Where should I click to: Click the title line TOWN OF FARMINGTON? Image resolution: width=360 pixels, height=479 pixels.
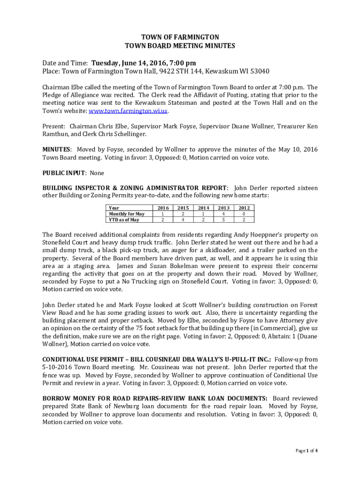180,37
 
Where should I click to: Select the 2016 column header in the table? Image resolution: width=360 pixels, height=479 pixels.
163,208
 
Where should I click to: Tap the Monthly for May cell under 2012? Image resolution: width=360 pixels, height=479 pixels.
244,214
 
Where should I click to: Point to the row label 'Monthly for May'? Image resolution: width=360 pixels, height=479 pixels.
126,214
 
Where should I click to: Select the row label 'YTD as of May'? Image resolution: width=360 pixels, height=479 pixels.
123,220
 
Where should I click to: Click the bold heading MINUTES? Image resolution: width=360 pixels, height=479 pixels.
57,149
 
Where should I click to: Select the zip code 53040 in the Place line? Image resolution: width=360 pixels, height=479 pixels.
259,72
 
